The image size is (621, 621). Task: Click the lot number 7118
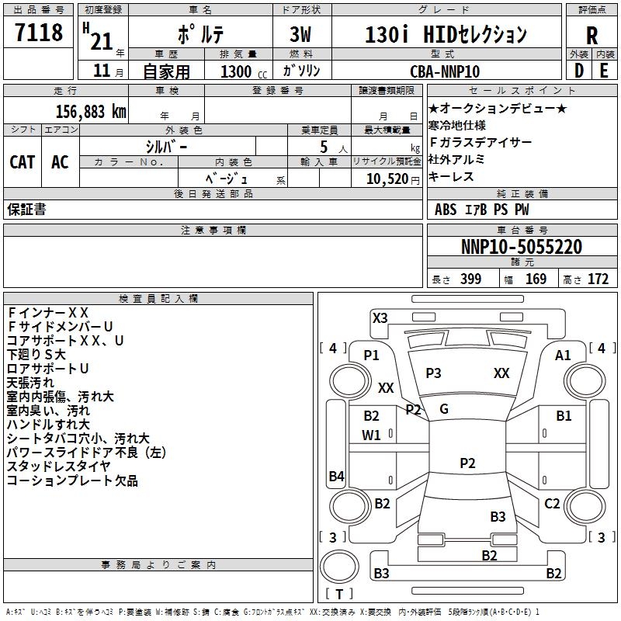pos(39,32)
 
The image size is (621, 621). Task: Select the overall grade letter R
pos(592,36)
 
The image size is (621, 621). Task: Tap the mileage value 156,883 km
pos(91,112)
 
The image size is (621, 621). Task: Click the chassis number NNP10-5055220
pos(522,246)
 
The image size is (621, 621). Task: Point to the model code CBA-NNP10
pos(445,71)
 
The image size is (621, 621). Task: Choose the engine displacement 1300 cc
pos(244,71)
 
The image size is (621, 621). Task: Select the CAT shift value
pos(23,162)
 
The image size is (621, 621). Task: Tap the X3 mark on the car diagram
pos(380,318)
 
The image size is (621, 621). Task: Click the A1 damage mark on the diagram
pos(563,356)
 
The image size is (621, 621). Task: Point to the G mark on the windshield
pos(444,409)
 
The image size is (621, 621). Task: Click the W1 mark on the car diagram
pos(371,435)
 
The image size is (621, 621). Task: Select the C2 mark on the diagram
pos(552,504)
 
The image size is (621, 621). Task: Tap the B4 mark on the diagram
pos(337,476)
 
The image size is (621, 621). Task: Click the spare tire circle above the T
pos(339,567)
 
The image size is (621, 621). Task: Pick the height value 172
pos(598,279)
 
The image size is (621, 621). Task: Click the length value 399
pos(471,279)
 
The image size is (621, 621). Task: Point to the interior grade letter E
pos(604,71)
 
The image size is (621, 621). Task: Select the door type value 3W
pos(300,34)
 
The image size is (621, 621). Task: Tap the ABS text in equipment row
pos(446,210)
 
